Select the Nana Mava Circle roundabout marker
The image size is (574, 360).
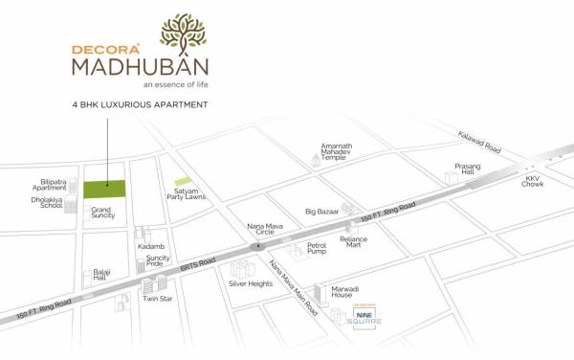pyautogui.click(x=255, y=246)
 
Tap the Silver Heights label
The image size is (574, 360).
pyautogui.click(x=250, y=283)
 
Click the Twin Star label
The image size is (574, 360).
pyautogui.click(x=156, y=299)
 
